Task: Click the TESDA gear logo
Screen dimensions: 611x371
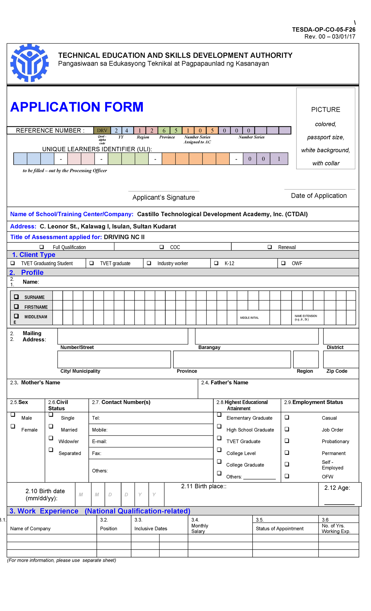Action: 29,63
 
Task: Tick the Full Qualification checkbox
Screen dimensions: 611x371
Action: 42,247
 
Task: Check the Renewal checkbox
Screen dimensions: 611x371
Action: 270,247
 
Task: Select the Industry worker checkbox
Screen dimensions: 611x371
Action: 149,263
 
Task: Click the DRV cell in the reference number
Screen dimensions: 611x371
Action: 102,130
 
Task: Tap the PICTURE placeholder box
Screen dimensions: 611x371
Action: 326,128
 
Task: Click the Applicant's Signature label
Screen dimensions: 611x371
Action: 164,197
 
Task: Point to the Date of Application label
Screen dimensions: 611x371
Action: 319,195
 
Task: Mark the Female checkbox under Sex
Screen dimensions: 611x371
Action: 13,426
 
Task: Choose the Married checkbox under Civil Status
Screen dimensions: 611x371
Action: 51,426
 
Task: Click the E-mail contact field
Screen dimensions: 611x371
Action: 151,441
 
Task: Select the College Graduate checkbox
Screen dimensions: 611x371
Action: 219,461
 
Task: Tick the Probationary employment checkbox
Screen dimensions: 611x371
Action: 287,440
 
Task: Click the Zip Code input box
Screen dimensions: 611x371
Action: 341,359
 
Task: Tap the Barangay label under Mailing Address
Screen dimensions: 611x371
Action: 209,347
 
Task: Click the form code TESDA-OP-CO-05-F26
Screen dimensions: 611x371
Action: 323,29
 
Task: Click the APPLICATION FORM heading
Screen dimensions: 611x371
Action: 77,107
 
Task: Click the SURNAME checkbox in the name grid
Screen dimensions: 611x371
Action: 16,297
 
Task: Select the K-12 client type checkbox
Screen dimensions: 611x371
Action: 216,263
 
